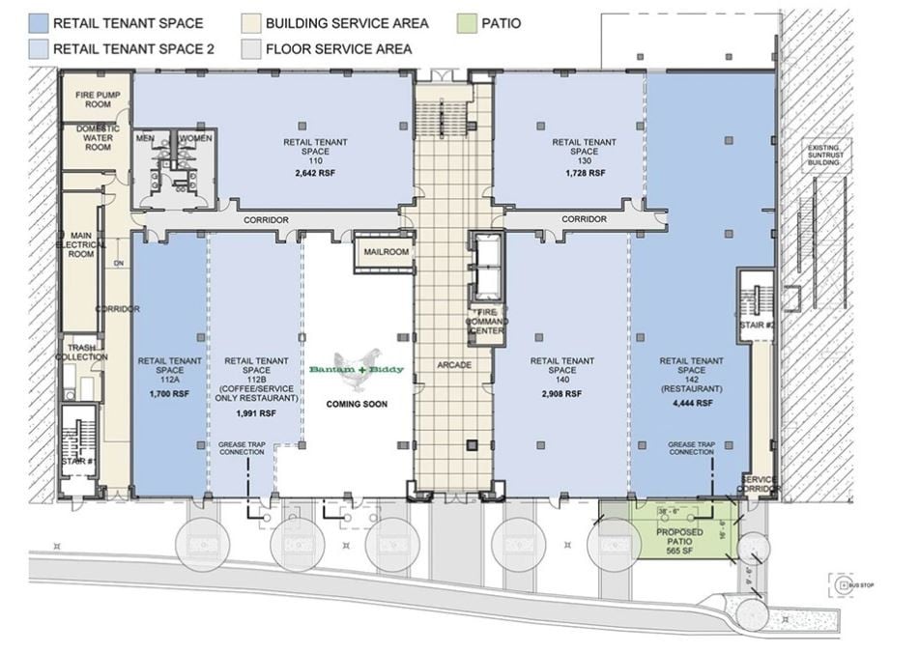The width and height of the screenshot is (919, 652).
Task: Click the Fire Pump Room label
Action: click(x=96, y=99)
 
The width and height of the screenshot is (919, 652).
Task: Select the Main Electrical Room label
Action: click(x=80, y=244)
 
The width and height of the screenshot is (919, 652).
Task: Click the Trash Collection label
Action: click(x=82, y=351)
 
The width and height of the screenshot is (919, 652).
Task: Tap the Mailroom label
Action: click(x=386, y=252)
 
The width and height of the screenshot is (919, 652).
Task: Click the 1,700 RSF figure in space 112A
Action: click(x=170, y=394)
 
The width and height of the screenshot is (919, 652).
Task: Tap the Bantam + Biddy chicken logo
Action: click(x=357, y=367)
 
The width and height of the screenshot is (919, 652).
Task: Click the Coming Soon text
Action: click(x=357, y=404)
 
